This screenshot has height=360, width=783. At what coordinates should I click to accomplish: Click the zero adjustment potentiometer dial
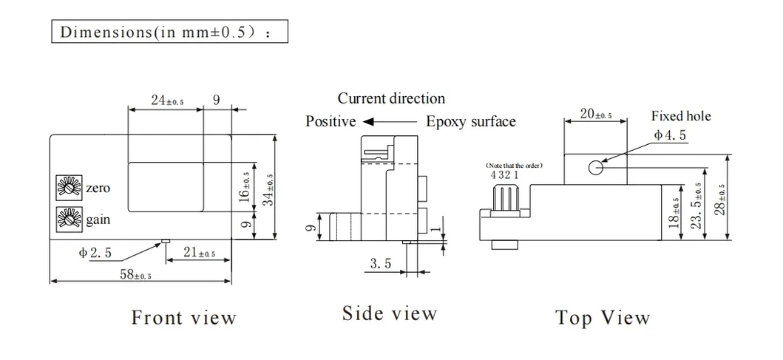[67, 188]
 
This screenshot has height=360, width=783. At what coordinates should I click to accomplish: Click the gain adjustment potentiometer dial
[67, 219]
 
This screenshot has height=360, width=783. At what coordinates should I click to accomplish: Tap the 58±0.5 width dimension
[136, 274]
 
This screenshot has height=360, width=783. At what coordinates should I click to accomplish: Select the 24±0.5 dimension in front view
[168, 101]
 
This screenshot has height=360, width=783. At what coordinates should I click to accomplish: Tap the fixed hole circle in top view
[596, 167]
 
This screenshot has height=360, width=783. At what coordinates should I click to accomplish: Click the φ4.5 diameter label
[670, 135]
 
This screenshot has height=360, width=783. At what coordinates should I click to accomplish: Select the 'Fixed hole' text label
[680, 116]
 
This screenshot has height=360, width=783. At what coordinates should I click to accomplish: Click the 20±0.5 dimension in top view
[596, 114]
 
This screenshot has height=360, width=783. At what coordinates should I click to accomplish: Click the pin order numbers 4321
[504, 175]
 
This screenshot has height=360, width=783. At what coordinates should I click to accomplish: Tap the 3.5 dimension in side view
[381, 263]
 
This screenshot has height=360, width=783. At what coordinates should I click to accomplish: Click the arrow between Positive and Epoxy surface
[390, 122]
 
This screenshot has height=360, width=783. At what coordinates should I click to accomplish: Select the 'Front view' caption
[183, 318]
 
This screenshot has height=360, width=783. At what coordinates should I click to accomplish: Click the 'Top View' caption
[603, 319]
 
